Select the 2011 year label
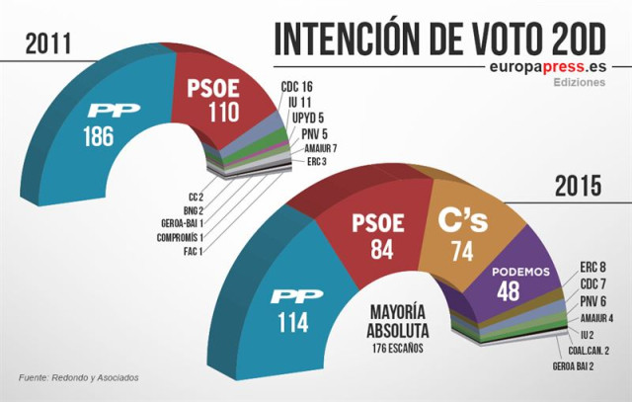[x=52, y=42]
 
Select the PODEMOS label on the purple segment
[x=519, y=273]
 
